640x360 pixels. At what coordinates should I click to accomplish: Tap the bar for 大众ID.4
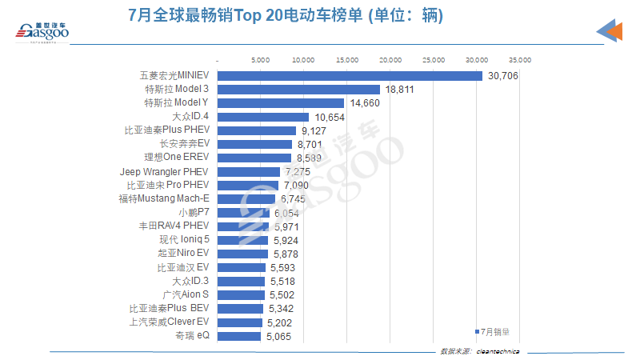(263, 117)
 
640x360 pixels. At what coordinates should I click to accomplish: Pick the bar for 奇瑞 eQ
(239, 336)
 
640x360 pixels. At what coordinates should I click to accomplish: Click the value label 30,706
(502, 75)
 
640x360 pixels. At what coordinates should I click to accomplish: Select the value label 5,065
(277, 337)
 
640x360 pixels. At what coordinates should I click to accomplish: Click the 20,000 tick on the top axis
(390, 59)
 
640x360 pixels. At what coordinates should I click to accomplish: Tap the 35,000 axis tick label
(520, 59)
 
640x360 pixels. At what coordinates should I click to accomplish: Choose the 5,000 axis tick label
(261, 59)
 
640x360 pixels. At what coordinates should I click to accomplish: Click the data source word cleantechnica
(498, 351)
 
